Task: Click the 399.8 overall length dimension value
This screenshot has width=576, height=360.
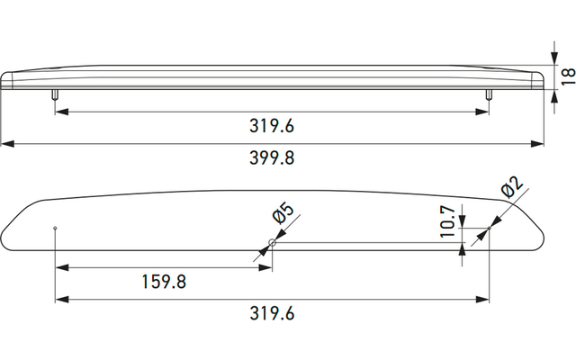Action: coord(272,158)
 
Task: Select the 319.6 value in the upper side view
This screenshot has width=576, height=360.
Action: coord(272,126)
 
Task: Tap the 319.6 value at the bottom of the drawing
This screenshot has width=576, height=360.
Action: coord(272,314)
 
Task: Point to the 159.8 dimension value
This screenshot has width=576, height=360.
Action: coord(164,282)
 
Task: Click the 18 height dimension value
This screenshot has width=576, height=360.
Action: coord(568,76)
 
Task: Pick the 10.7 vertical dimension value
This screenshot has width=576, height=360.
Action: coord(448,221)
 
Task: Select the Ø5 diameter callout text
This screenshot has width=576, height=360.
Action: coord(283,213)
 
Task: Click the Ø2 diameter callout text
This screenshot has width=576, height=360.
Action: coord(512,187)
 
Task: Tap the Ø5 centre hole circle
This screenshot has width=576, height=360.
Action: coord(272,242)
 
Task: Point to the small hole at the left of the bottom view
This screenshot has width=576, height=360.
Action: coord(55,228)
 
